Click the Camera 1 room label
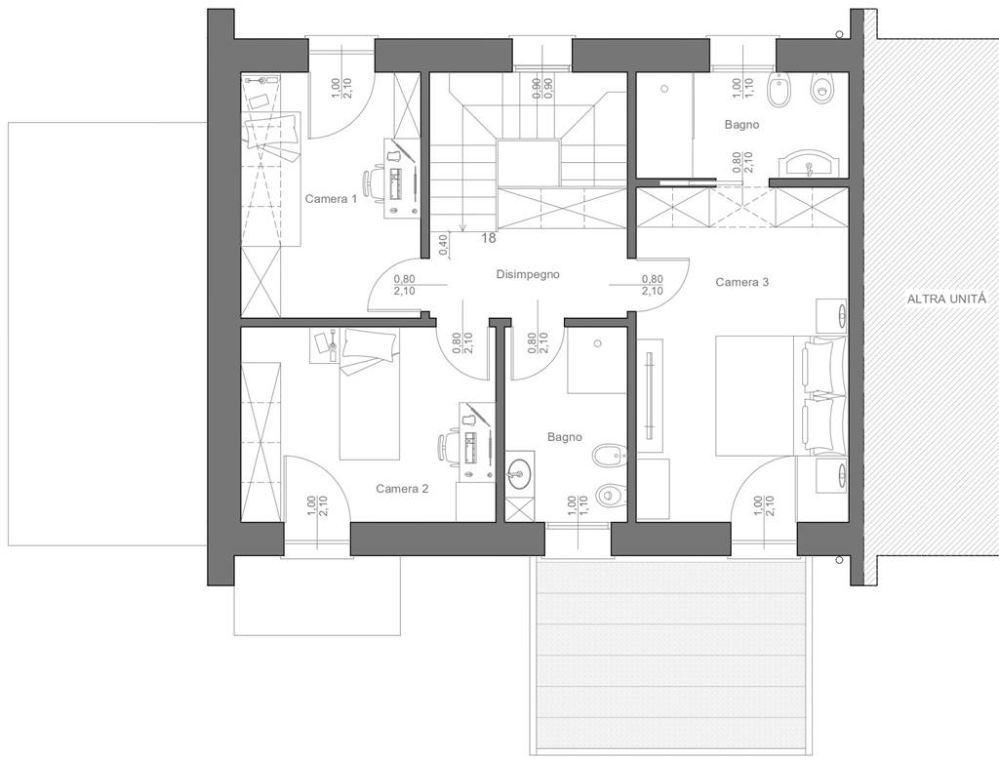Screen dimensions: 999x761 [331, 199]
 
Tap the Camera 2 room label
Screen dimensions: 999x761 [402, 489]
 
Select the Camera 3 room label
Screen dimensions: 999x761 [742, 282]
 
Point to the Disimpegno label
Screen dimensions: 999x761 [528, 274]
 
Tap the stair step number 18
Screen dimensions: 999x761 [489, 238]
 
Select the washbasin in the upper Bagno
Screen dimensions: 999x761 [809, 163]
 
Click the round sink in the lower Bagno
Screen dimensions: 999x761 [520, 473]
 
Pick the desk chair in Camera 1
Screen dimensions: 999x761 [373, 183]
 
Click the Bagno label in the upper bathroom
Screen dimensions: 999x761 [741, 124]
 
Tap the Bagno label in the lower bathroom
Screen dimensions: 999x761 [565, 437]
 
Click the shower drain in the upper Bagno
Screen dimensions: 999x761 [665, 89]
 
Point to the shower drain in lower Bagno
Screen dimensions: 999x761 [598, 343]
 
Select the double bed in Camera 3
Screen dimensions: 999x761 [781, 395]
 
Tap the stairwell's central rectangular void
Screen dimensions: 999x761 [529, 164]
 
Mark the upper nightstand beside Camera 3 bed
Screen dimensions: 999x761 [831, 315]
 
